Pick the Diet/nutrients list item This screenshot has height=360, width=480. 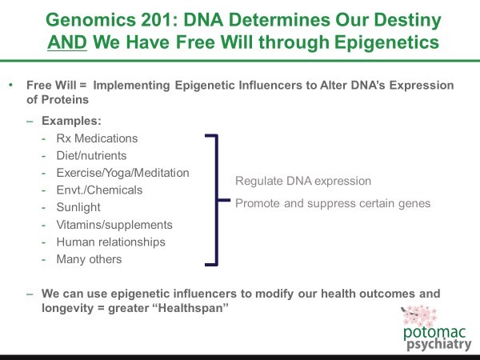click(91, 156)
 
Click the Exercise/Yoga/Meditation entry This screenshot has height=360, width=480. click(122, 173)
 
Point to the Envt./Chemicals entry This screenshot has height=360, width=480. click(100, 190)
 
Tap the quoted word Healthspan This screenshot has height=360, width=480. click(183, 308)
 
